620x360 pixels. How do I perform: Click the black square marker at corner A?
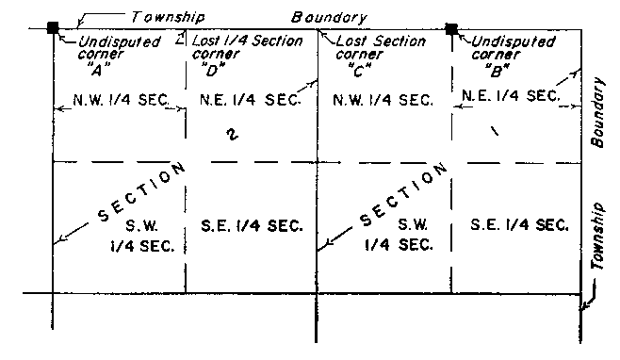pyautogui.click(x=54, y=27)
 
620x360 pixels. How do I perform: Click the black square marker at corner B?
pyautogui.click(x=451, y=28)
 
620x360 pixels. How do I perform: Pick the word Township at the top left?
pyautogui.click(x=167, y=16)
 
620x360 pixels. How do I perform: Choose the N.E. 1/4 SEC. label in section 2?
pyautogui.click(x=243, y=99)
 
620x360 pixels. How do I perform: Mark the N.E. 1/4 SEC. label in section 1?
pyautogui.click(x=510, y=94)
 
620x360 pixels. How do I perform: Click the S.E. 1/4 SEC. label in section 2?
pyautogui.click(x=253, y=225)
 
